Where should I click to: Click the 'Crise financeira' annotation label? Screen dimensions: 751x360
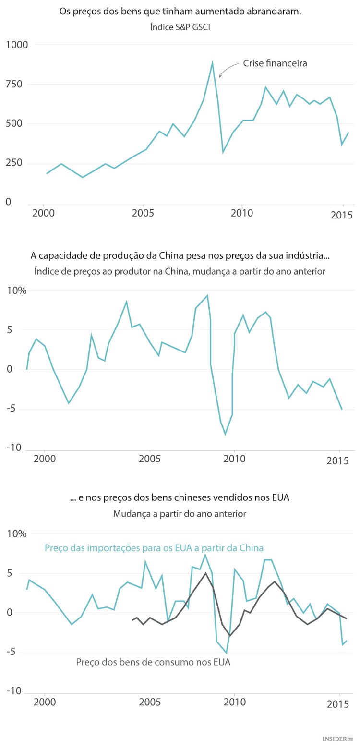[275, 63]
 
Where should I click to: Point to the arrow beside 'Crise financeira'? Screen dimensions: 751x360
[228, 70]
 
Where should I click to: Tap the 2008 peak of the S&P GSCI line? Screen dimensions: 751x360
[212, 62]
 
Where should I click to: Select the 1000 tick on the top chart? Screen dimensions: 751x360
[17, 45]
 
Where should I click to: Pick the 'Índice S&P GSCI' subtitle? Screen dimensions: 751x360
[180, 27]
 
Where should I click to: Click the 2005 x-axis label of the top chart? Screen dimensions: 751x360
[143, 213]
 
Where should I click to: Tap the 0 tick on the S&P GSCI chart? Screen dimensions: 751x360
[8, 202]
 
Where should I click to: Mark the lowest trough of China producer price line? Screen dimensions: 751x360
[226, 434]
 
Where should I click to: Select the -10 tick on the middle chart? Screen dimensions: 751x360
[14, 448]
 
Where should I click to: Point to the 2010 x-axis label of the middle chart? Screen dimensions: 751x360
[235, 459]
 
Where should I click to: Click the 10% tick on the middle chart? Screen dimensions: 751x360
[16, 291]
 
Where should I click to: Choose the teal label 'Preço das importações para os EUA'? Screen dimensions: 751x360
[154, 548]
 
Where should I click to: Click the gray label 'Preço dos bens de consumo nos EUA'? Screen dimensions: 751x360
[153, 662]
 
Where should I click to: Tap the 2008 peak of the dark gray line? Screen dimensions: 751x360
[205, 573]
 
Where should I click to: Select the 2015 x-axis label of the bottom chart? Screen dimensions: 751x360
[339, 705]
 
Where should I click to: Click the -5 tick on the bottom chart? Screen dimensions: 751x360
[14, 652]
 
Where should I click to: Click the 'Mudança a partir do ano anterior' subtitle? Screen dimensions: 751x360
[180, 514]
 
